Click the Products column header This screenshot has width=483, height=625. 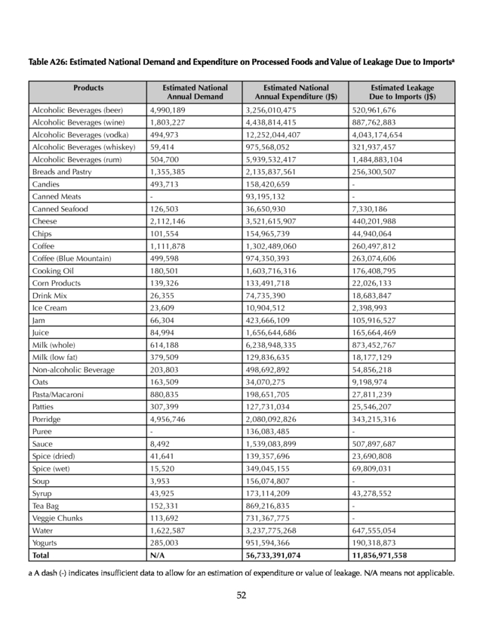[88, 88]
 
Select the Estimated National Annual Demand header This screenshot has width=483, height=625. [195, 92]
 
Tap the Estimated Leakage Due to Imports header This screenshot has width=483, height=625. [402, 92]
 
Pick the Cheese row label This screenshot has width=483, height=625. [45, 221]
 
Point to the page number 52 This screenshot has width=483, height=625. [241, 595]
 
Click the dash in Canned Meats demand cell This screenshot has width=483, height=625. [152, 197]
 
